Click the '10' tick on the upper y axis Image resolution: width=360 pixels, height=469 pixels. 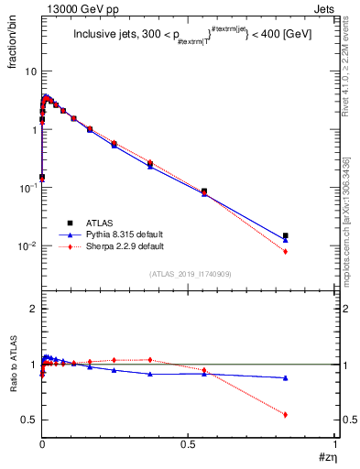30,71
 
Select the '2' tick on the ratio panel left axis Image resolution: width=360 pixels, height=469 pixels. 33,310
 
